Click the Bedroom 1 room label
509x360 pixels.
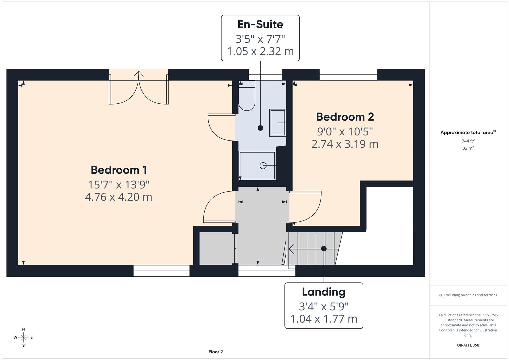click(119, 170)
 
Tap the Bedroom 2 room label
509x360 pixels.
click(345, 117)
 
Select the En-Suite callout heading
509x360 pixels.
click(260, 24)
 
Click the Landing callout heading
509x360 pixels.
click(323, 292)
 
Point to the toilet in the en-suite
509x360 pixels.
click(247, 97)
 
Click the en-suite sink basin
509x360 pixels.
click(277, 123)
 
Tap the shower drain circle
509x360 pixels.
click(263, 165)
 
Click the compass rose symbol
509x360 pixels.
click(23, 337)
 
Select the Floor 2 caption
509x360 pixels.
click(216, 352)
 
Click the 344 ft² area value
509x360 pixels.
click(468, 141)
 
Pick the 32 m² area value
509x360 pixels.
click(468, 148)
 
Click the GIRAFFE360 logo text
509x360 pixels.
click(468, 345)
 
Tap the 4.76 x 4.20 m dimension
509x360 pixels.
click(119, 197)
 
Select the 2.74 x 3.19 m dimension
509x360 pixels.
click(345, 144)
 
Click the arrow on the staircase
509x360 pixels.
click(291, 249)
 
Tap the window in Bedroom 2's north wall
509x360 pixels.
click(348, 75)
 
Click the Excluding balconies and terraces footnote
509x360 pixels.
click(468, 295)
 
